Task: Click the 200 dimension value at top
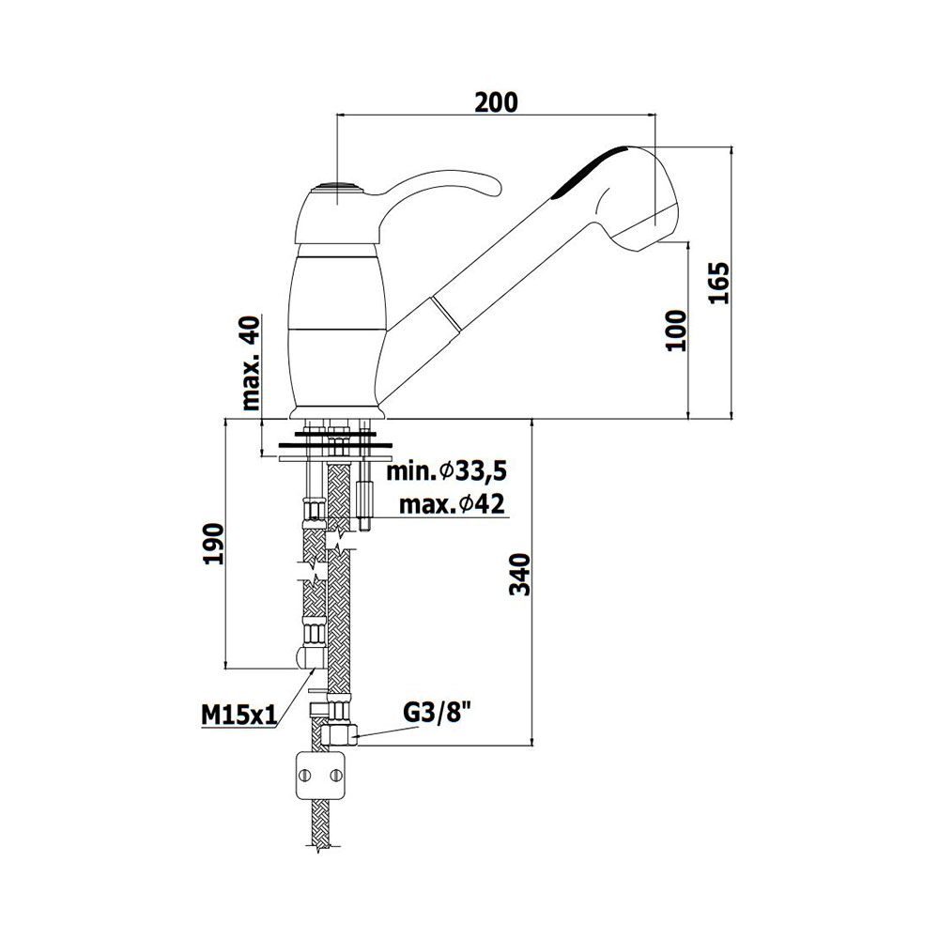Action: click(x=496, y=102)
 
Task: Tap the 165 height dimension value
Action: click(x=718, y=283)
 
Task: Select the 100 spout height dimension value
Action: click(x=676, y=331)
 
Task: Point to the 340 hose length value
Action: click(x=519, y=575)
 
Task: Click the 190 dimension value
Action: click(x=213, y=544)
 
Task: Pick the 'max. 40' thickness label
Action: click(x=252, y=362)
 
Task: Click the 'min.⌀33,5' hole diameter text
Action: click(x=446, y=471)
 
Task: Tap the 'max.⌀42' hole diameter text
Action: click(x=453, y=505)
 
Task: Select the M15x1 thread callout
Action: click(x=239, y=715)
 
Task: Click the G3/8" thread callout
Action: click(x=437, y=713)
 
